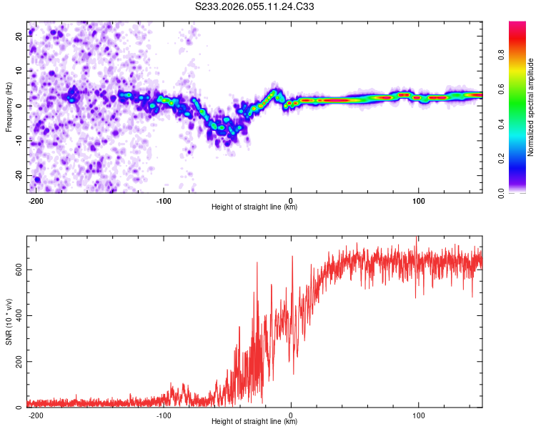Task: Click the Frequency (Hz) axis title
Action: [x=9, y=107]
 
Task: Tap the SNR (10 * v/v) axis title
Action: [x=9, y=322]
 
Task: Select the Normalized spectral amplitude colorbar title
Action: [x=531, y=107]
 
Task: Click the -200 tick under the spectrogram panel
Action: [x=36, y=199]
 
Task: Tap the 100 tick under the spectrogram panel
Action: [x=418, y=199]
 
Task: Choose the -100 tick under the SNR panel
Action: [x=163, y=414]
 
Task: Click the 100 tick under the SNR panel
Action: [x=418, y=414]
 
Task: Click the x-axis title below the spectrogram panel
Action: [x=254, y=207]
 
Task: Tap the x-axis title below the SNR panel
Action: [x=254, y=422]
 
